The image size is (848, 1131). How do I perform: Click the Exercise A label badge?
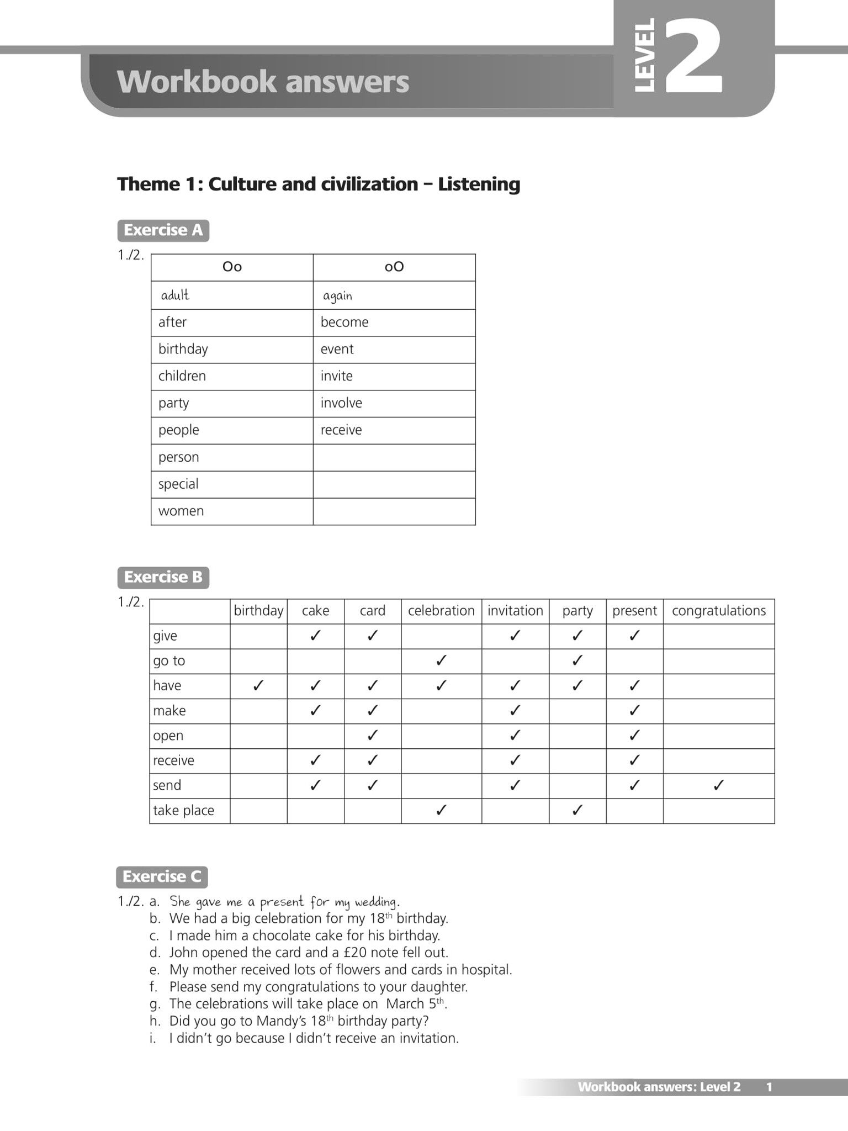pos(163,230)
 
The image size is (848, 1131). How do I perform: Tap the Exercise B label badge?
pos(163,577)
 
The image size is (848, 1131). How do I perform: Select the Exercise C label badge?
pos(162,876)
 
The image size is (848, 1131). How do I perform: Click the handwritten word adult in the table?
pos(175,295)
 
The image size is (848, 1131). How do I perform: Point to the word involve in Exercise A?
pos(341,403)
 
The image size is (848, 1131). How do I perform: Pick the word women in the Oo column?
pos(181,511)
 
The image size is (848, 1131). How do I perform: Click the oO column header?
pos(394,267)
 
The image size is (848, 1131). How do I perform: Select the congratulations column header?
pos(718,611)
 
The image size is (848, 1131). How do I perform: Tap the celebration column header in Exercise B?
pos(441,611)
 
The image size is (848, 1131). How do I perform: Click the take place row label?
pos(183,811)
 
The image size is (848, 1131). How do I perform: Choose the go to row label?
pos(169,661)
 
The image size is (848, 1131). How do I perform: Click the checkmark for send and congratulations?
pos(718,785)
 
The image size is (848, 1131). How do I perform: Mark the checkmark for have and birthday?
pos(258,686)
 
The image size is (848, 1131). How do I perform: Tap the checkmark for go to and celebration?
pos(441,660)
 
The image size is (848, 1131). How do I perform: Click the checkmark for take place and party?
pos(577,810)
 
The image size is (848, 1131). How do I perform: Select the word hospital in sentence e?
pos(486,970)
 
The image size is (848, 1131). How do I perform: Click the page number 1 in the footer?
pos(769,1087)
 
